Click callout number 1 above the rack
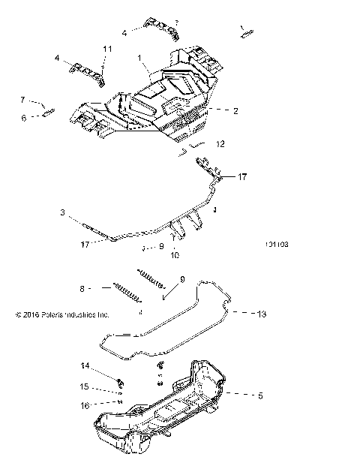pos(138,58)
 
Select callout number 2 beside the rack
pos(235,110)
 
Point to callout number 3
pos(63,213)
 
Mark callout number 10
pos(174,254)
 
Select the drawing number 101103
pos(277,244)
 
